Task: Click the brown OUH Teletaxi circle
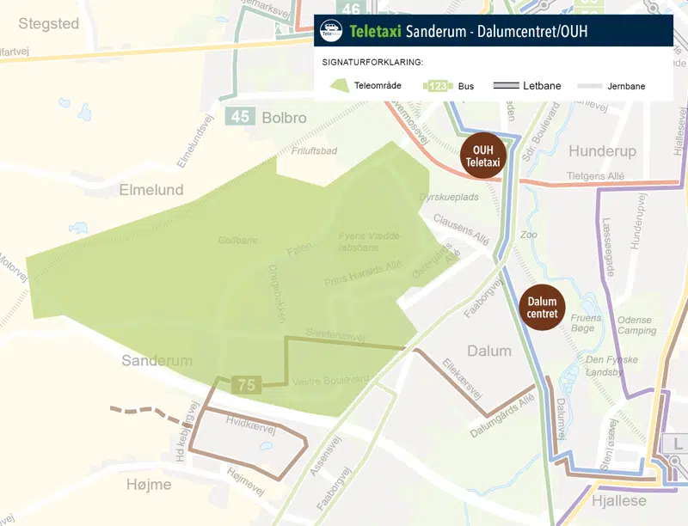(x=482, y=156)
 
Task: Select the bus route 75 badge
(x=246, y=385)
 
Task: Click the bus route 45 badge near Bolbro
(x=240, y=117)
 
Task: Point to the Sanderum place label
(x=157, y=360)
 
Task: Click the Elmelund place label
(x=151, y=189)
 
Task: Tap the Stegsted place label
(x=48, y=23)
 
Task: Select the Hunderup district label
(x=602, y=151)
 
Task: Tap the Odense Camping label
(x=636, y=325)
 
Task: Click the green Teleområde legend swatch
(x=339, y=85)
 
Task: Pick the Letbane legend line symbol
(x=506, y=86)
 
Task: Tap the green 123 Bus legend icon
(x=438, y=86)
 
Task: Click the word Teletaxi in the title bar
(x=377, y=33)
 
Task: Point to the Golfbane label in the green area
(x=237, y=241)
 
